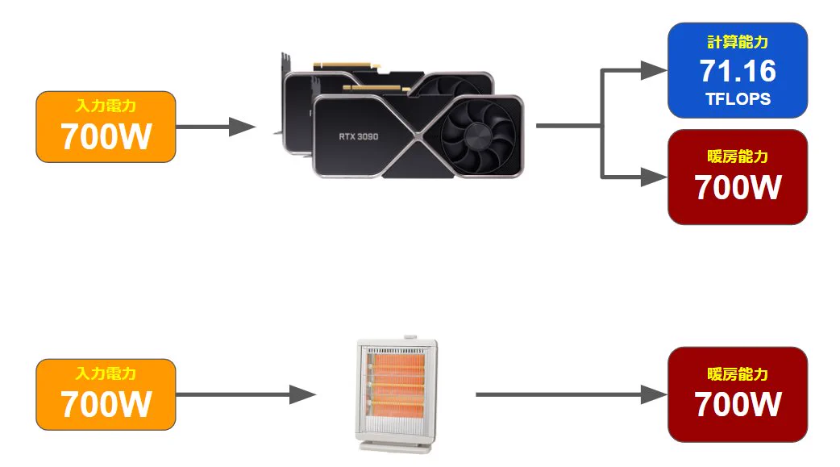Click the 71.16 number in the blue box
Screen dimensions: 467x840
(x=738, y=72)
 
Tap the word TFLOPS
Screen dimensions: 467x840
(x=738, y=99)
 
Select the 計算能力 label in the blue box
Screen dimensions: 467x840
(x=738, y=42)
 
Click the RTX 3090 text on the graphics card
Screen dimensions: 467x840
(x=358, y=136)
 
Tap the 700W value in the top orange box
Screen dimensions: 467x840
(x=106, y=136)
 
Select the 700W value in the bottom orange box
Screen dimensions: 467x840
(x=106, y=403)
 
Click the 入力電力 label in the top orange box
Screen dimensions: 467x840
(x=106, y=106)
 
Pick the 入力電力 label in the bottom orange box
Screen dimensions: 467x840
(x=106, y=373)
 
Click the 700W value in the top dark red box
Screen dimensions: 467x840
(x=738, y=187)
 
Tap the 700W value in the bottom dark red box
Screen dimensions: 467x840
(x=738, y=403)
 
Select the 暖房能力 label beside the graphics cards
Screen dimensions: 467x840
(x=738, y=156)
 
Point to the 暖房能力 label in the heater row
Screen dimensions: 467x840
(x=738, y=374)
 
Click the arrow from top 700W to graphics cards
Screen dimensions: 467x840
(x=214, y=127)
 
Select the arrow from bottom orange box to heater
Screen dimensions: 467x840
(x=242, y=394)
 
